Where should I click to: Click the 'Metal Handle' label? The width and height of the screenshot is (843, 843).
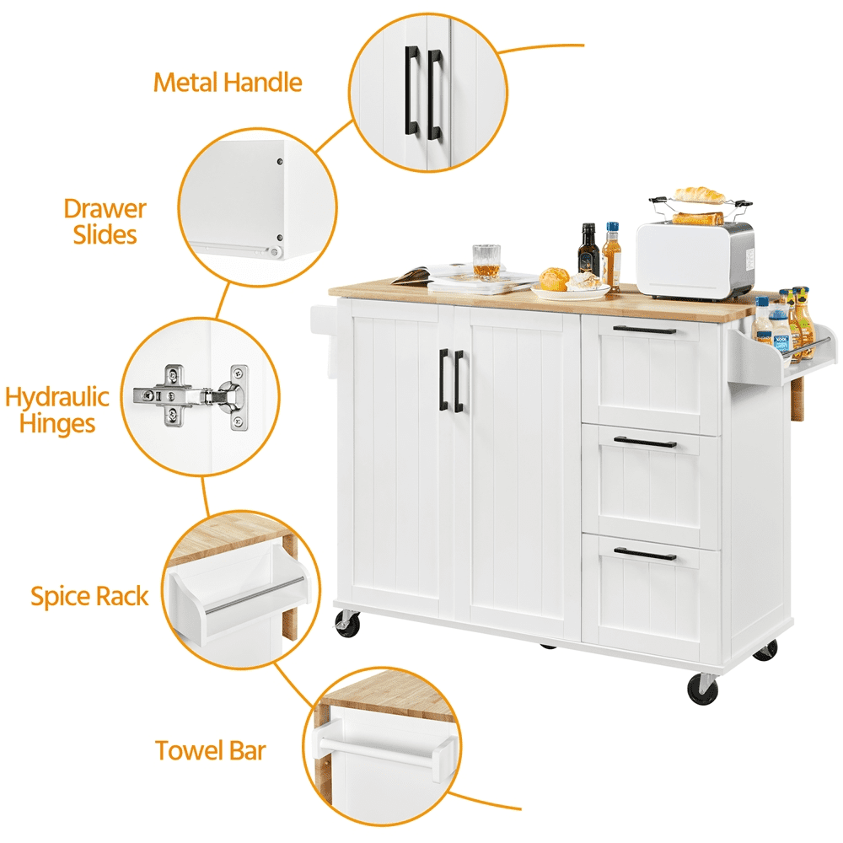[228, 83]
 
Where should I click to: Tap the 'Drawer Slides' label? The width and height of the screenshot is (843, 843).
[105, 222]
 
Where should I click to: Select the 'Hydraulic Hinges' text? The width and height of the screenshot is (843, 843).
[57, 410]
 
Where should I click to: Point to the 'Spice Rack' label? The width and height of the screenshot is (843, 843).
[89, 596]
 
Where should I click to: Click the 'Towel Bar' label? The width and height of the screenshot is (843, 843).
[210, 750]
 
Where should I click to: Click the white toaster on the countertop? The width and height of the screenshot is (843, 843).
[695, 260]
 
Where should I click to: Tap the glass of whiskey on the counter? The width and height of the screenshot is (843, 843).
[486, 262]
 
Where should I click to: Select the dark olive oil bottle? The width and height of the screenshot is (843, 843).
[588, 250]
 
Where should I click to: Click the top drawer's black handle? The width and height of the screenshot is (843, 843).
[645, 330]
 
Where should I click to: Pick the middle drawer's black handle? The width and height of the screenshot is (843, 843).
[645, 443]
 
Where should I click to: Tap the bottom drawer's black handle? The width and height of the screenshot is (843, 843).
[645, 555]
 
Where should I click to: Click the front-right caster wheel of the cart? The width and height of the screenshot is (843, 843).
[702, 689]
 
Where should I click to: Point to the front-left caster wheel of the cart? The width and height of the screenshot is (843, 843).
[346, 624]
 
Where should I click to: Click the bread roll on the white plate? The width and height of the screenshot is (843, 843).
[555, 279]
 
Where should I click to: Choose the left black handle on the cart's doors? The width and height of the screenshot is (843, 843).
[443, 379]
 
